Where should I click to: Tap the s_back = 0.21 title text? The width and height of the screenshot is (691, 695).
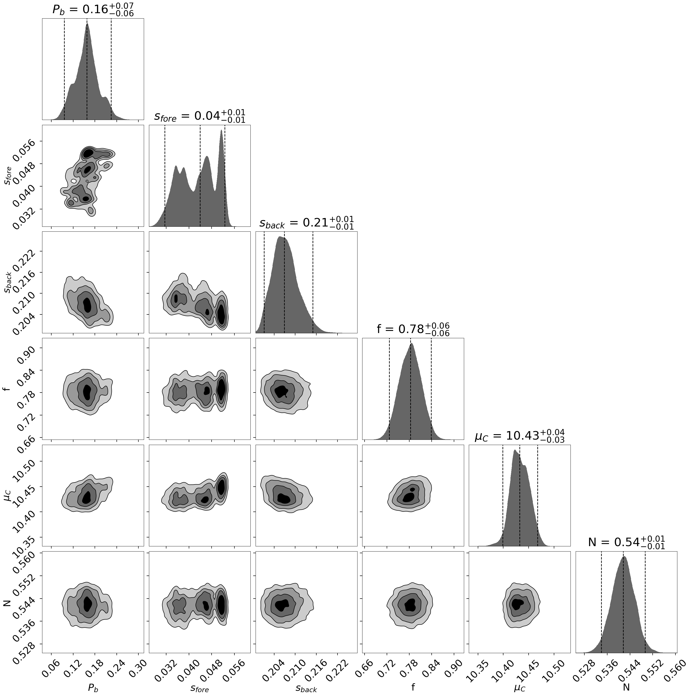coord(306,223)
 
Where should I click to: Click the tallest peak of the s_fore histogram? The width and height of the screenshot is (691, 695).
coord(221,131)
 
